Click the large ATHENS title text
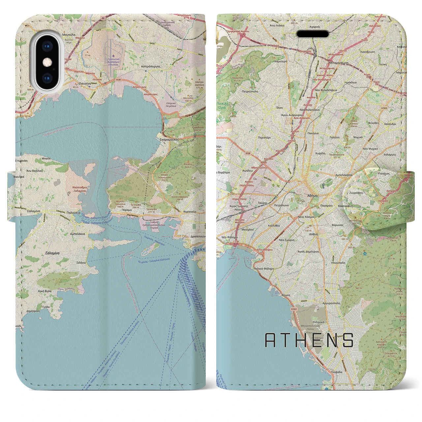(x=309, y=340)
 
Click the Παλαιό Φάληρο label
(x=264, y=269)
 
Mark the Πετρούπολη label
(x=250, y=91)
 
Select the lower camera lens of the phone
(x=47, y=78)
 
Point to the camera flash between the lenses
(x=47, y=62)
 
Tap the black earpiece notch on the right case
(x=313, y=34)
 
